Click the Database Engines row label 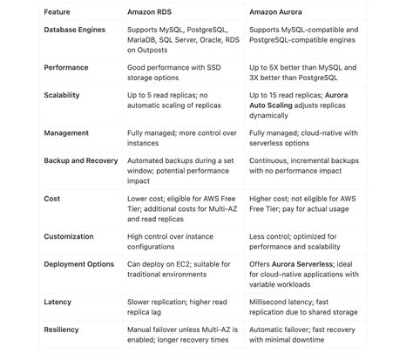(74, 31)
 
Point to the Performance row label (66, 65)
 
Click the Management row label (66, 134)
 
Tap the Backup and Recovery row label (81, 161)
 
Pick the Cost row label (52, 198)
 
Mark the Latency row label (58, 302)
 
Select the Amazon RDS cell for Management (178, 139)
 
